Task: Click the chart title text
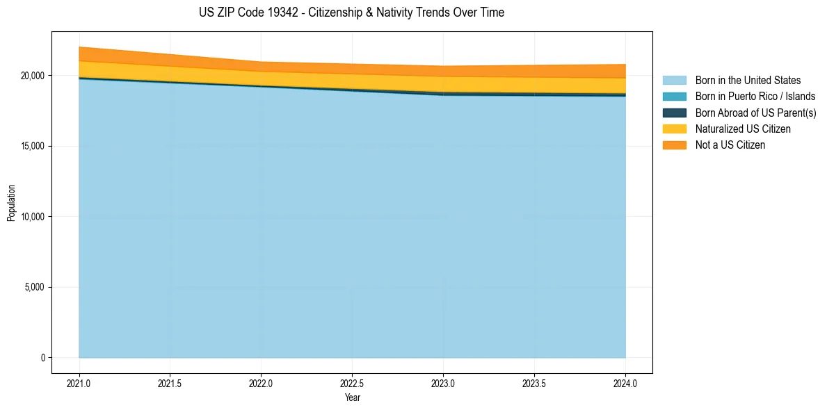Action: point(351,13)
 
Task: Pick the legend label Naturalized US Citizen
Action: point(743,129)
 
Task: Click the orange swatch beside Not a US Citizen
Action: point(674,145)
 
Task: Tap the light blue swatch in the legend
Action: point(674,81)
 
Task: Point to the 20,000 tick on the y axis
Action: point(34,75)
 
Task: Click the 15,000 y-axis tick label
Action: point(34,146)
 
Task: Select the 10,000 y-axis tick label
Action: point(34,217)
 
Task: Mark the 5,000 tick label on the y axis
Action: point(36,287)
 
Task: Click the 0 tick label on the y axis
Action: point(43,358)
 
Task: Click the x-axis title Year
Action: point(352,397)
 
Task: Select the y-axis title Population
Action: point(11,203)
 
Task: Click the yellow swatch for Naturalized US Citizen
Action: point(674,129)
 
